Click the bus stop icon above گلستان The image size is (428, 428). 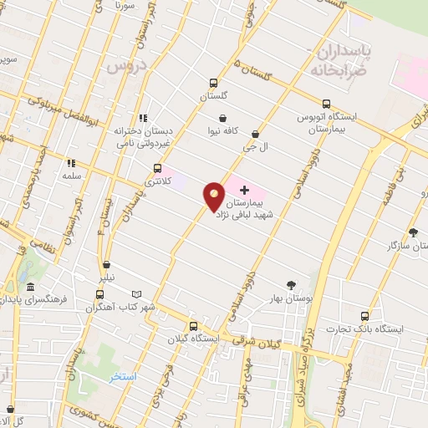pyautogui.click(x=214, y=83)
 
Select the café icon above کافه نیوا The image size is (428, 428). pyautogui.click(x=223, y=119)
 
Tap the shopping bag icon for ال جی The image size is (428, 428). pyautogui.click(x=255, y=134)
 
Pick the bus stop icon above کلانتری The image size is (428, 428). pyautogui.click(x=157, y=167)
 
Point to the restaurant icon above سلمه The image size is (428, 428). pyautogui.click(x=71, y=163)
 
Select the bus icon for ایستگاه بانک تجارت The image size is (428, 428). pyautogui.click(x=364, y=316)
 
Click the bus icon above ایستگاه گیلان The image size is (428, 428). pyautogui.click(x=193, y=326)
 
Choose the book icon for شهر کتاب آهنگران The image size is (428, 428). pyautogui.click(x=138, y=294)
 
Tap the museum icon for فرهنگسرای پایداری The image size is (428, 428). pyautogui.click(x=30, y=288)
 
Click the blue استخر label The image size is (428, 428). pyautogui.click(x=125, y=377)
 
